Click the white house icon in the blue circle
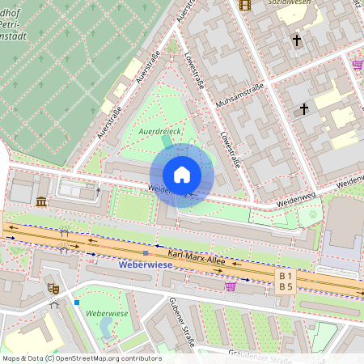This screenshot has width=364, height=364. coord(182,175)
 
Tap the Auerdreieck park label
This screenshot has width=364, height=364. coord(159,130)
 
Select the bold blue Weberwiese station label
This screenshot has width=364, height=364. coord(146,265)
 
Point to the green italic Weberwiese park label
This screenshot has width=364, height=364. coord(108,312)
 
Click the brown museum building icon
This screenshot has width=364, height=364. coord(41,201)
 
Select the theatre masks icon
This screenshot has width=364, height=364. coord(53,288)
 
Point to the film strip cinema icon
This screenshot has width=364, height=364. coord(246,5)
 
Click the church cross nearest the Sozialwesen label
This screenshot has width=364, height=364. coord(296,39)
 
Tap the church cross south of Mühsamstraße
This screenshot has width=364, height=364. coord(305,108)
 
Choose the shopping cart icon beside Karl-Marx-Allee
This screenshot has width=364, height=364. coord(231,286)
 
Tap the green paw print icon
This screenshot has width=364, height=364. coord(312,216)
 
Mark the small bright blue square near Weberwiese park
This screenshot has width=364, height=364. coord(77,303)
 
